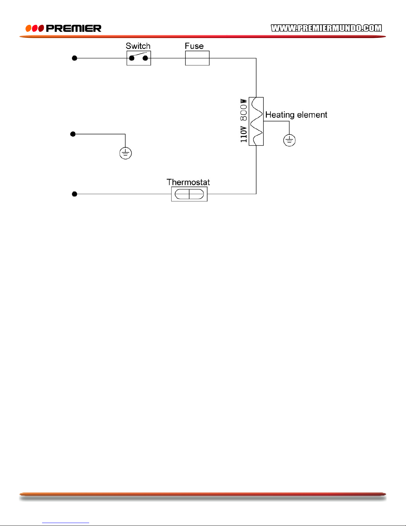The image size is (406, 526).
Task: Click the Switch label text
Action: coord(138,46)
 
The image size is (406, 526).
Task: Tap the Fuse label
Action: coord(194,46)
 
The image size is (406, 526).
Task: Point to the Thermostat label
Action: coord(188,182)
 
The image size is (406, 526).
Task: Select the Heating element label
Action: coord(296,115)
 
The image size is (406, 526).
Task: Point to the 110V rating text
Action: coord(244,134)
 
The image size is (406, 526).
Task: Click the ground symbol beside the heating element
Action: coord(289,140)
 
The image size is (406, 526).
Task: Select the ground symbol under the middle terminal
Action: coord(126,153)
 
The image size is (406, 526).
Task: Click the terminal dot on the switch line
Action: coord(75,58)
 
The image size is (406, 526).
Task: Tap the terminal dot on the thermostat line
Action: coord(75,194)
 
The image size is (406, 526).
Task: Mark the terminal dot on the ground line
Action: coord(73,134)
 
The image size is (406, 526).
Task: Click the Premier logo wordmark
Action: coord(74,28)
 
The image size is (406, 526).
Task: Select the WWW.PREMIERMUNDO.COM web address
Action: coord(326,28)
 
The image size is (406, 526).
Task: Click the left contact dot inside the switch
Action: coord(132,58)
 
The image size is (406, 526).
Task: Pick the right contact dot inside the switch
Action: coord(145,58)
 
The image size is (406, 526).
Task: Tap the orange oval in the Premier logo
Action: coord(29,28)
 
